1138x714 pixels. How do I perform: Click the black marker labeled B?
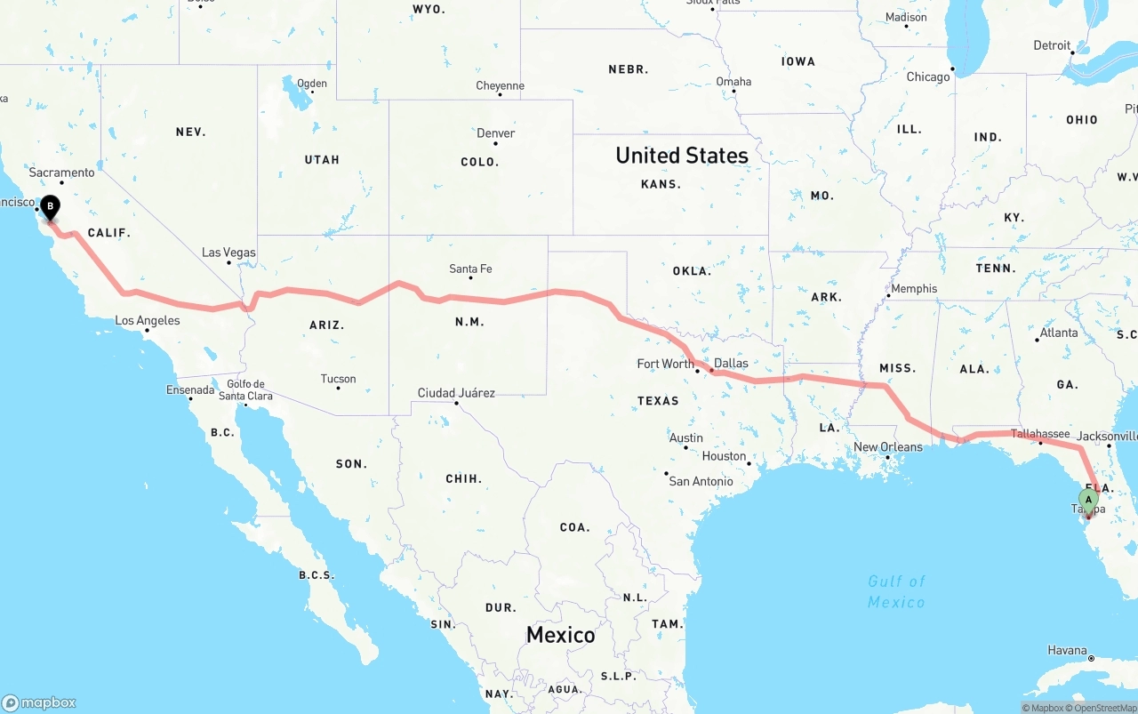coord(51,208)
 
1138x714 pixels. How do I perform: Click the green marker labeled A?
coord(1088,501)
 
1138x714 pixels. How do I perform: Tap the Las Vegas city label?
coord(228,253)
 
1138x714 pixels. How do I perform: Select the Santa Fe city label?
coord(470,269)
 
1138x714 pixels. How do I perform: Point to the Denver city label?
coord(495,133)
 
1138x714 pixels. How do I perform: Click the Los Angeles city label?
coord(148,321)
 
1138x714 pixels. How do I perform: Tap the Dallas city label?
coord(731,363)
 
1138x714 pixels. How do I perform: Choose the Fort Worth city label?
coord(666,364)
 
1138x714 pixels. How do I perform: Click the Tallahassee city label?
coord(1040,434)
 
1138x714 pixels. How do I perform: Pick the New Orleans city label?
coord(888,447)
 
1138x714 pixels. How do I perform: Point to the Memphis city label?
coord(914,288)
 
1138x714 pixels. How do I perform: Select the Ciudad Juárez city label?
coord(456,393)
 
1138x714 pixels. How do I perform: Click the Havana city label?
coord(1067,651)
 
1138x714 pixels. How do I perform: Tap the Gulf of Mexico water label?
coord(896,591)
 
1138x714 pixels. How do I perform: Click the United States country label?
coord(682,156)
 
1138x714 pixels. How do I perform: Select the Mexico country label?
coord(560,635)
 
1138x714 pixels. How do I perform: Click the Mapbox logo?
coord(39,702)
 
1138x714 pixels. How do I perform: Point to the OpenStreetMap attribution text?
coord(1102,708)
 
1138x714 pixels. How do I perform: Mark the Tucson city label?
coord(338,379)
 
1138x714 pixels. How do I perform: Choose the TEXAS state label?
coord(658,401)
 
